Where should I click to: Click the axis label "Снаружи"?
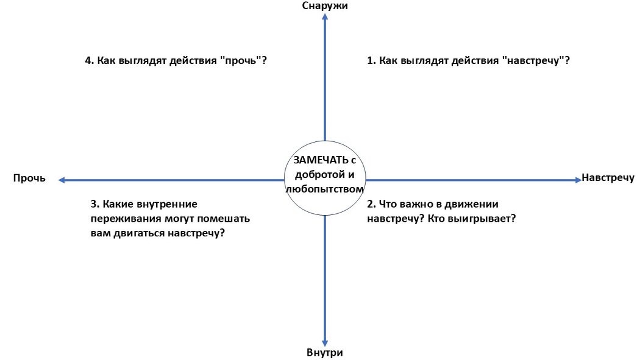tap(325, 5)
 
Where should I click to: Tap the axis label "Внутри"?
tap(325, 353)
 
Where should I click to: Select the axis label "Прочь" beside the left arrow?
tap(29, 178)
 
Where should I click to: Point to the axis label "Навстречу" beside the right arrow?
tap(608, 178)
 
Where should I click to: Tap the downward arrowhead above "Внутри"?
tap(325, 342)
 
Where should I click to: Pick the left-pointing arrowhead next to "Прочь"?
tap(62, 180)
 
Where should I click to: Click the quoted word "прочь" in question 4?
tap(244, 61)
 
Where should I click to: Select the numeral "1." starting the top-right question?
tap(371, 61)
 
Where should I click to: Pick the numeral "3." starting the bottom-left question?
tap(94, 204)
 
